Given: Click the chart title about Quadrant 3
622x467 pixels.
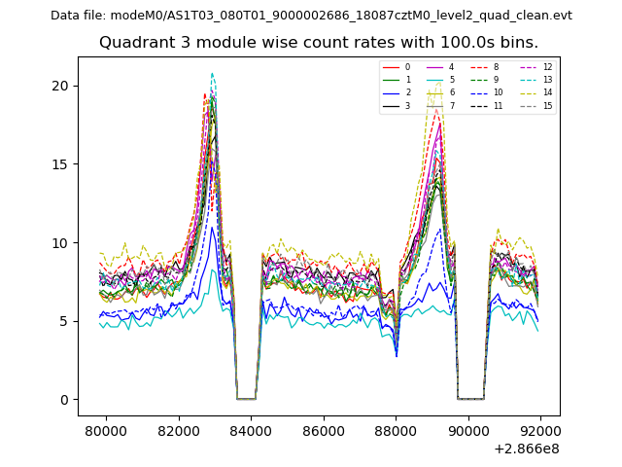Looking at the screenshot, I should [x=318, y=43].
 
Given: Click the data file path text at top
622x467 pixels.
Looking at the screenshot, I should [x=311, y=16].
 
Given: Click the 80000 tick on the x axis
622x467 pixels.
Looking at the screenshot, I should [x=105, y=430].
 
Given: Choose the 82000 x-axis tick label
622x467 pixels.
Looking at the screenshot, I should [x=178, y=430].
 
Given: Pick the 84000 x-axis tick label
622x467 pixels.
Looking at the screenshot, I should [x=251, y=430].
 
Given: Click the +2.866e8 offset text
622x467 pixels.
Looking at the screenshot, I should [x=526, y=449].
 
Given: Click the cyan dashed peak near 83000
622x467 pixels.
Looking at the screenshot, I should [x=212, y=73].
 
